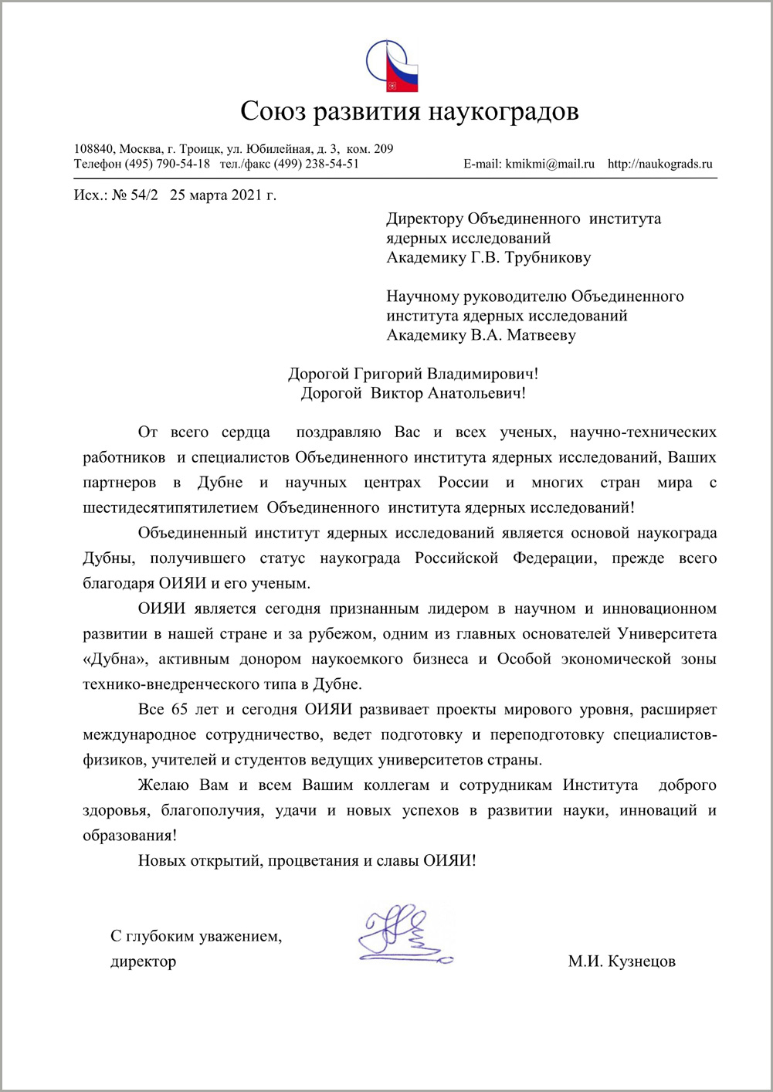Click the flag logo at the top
click(x=392, y=66)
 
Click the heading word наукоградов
click(x=503, y=111)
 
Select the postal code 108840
click(x=93, y=149)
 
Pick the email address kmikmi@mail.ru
click(x=550, y=164)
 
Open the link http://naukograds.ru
click(x=660, y=164)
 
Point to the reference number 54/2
click(x=144, y=195)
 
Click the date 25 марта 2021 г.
click(x=222, y=195)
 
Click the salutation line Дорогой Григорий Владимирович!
click(x=413, y=374)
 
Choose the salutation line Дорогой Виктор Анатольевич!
click(x=413, y=393)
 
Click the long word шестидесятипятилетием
click(x=171, y=507)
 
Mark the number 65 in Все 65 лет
click(x=179, y=709)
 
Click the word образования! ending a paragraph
click(x=129, y=836)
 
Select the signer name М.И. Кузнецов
click(x=622, y=961)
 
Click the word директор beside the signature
click(x=144, y=961)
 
